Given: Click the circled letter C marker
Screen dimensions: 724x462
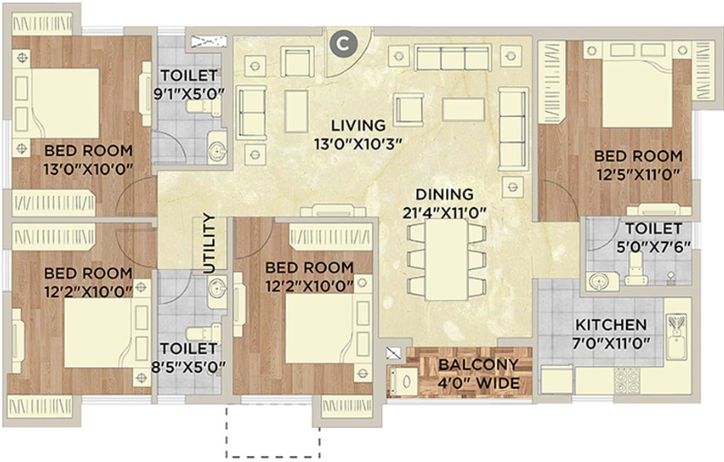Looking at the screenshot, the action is pos(342,45).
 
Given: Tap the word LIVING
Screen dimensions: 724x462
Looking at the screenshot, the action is pos(359,125).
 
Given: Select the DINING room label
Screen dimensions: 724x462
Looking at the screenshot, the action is pos(444,194).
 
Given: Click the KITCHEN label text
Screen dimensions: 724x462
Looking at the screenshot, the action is pos(611,325).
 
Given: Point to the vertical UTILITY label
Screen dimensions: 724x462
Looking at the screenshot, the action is pos(209,243).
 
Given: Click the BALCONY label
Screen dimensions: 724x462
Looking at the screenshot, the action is pos(479,365).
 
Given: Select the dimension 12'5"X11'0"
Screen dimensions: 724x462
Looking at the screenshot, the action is pos(638,175).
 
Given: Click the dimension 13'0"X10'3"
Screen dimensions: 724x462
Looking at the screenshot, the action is pos(359,144).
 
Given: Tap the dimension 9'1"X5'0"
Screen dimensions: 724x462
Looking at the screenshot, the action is pos(189,94).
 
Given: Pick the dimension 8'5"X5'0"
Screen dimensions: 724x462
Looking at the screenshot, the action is pos(189,367).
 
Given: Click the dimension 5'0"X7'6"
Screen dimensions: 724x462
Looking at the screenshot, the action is pos(654,247).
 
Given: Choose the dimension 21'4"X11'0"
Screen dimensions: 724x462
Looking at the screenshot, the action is pos(445,213).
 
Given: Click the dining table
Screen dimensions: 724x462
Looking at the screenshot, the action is pos(446,260).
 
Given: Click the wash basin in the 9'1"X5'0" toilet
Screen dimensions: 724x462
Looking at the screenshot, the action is pos(217,147).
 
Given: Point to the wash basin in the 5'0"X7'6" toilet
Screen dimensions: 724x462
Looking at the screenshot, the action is pos(600,281).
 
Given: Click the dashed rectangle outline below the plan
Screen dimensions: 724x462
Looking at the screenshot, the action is pos(226,432).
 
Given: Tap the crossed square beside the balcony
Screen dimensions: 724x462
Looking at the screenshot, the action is pos(393,353).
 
